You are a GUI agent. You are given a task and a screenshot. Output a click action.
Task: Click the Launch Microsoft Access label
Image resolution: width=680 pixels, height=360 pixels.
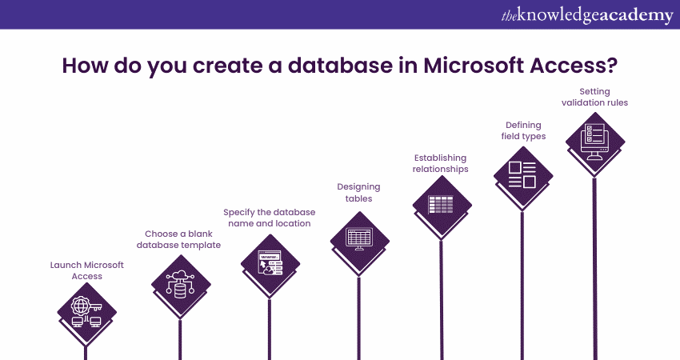[x=87, y=270]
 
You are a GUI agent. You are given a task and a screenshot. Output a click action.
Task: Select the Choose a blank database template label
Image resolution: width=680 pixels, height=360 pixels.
[x=179, y=239]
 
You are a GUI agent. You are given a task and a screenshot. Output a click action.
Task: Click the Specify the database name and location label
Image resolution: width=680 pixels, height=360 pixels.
[x=269, y=218]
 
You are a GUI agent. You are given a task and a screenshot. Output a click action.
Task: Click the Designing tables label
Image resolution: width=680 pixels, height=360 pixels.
[x=358, y=192]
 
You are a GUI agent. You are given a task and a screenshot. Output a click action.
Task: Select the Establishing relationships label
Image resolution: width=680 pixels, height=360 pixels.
[x=441, y=163]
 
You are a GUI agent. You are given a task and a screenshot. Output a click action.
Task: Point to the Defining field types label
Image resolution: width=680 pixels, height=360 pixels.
[x=523, y=130]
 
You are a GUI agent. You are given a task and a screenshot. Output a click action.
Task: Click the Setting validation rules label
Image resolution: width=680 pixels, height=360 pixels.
[x=594, y=97]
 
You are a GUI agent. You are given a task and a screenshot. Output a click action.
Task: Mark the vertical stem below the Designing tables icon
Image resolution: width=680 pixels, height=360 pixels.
[x=359, y=312]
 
